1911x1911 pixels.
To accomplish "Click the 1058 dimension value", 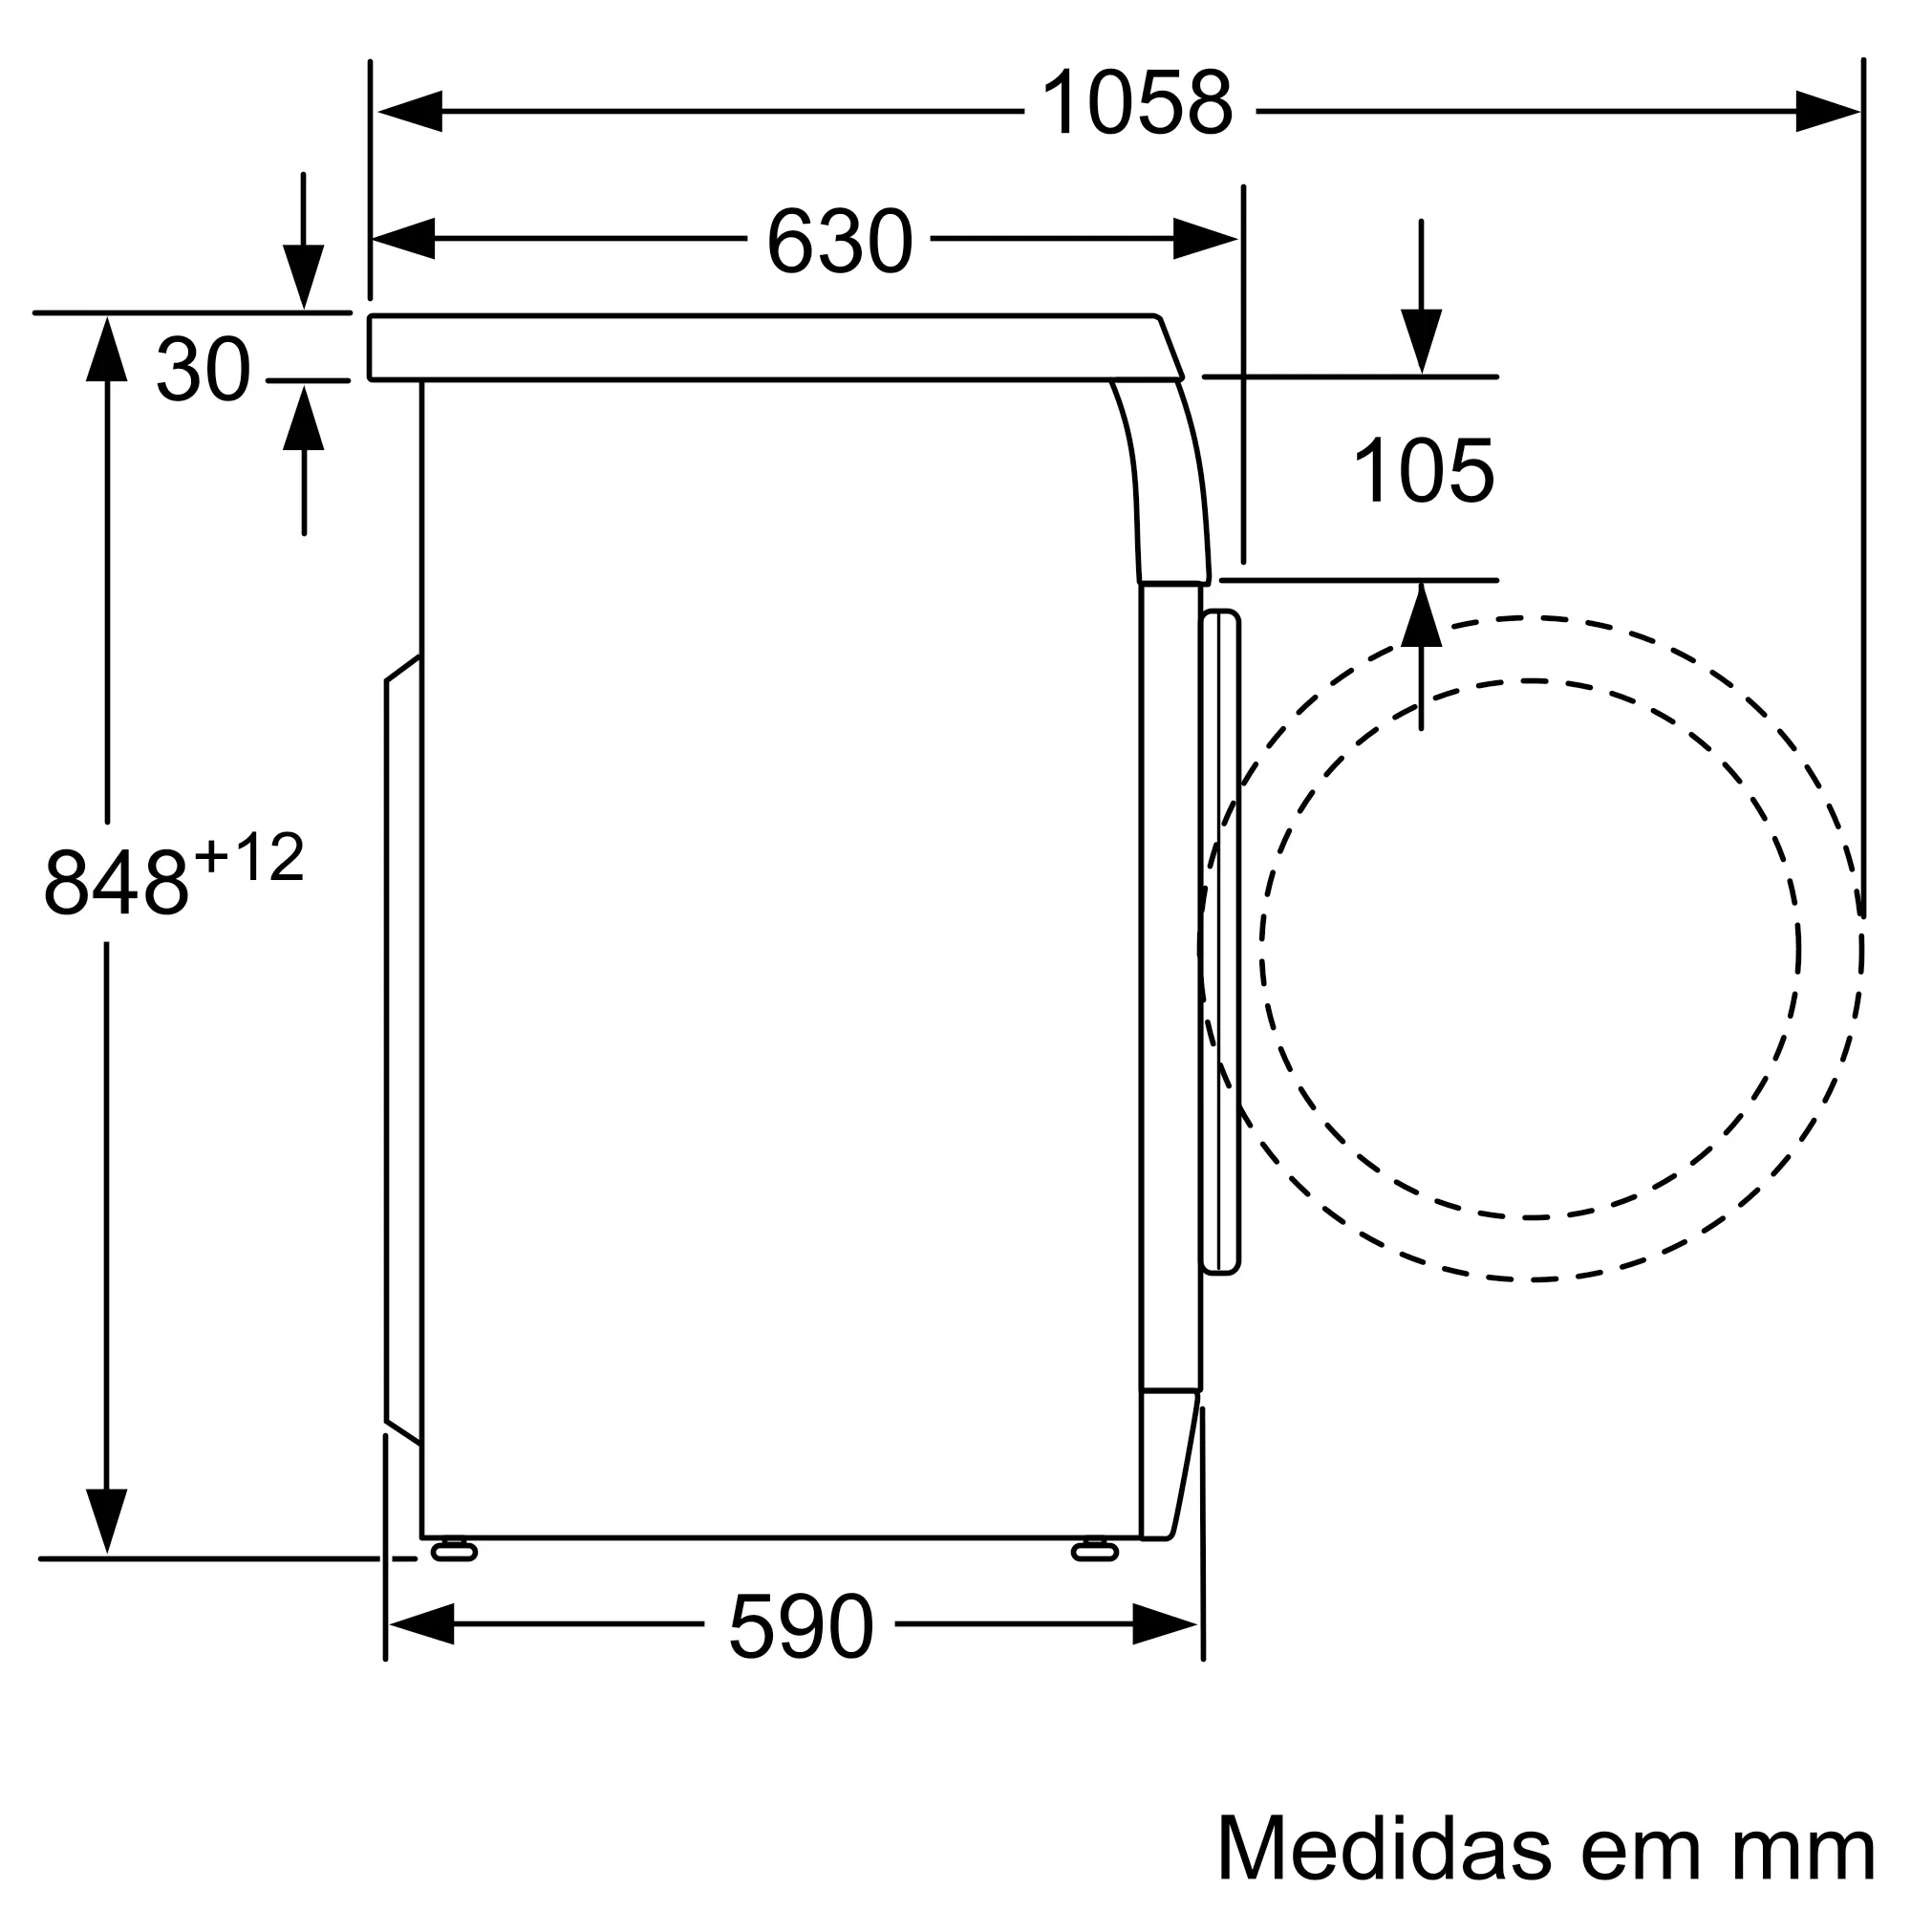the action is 1137,103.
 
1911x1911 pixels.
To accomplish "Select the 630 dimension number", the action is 839,242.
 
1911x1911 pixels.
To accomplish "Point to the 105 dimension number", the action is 1423,472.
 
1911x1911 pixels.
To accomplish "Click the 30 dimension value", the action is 203,370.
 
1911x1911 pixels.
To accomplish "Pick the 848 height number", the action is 116,882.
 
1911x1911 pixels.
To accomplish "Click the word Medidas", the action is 1384,1847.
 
